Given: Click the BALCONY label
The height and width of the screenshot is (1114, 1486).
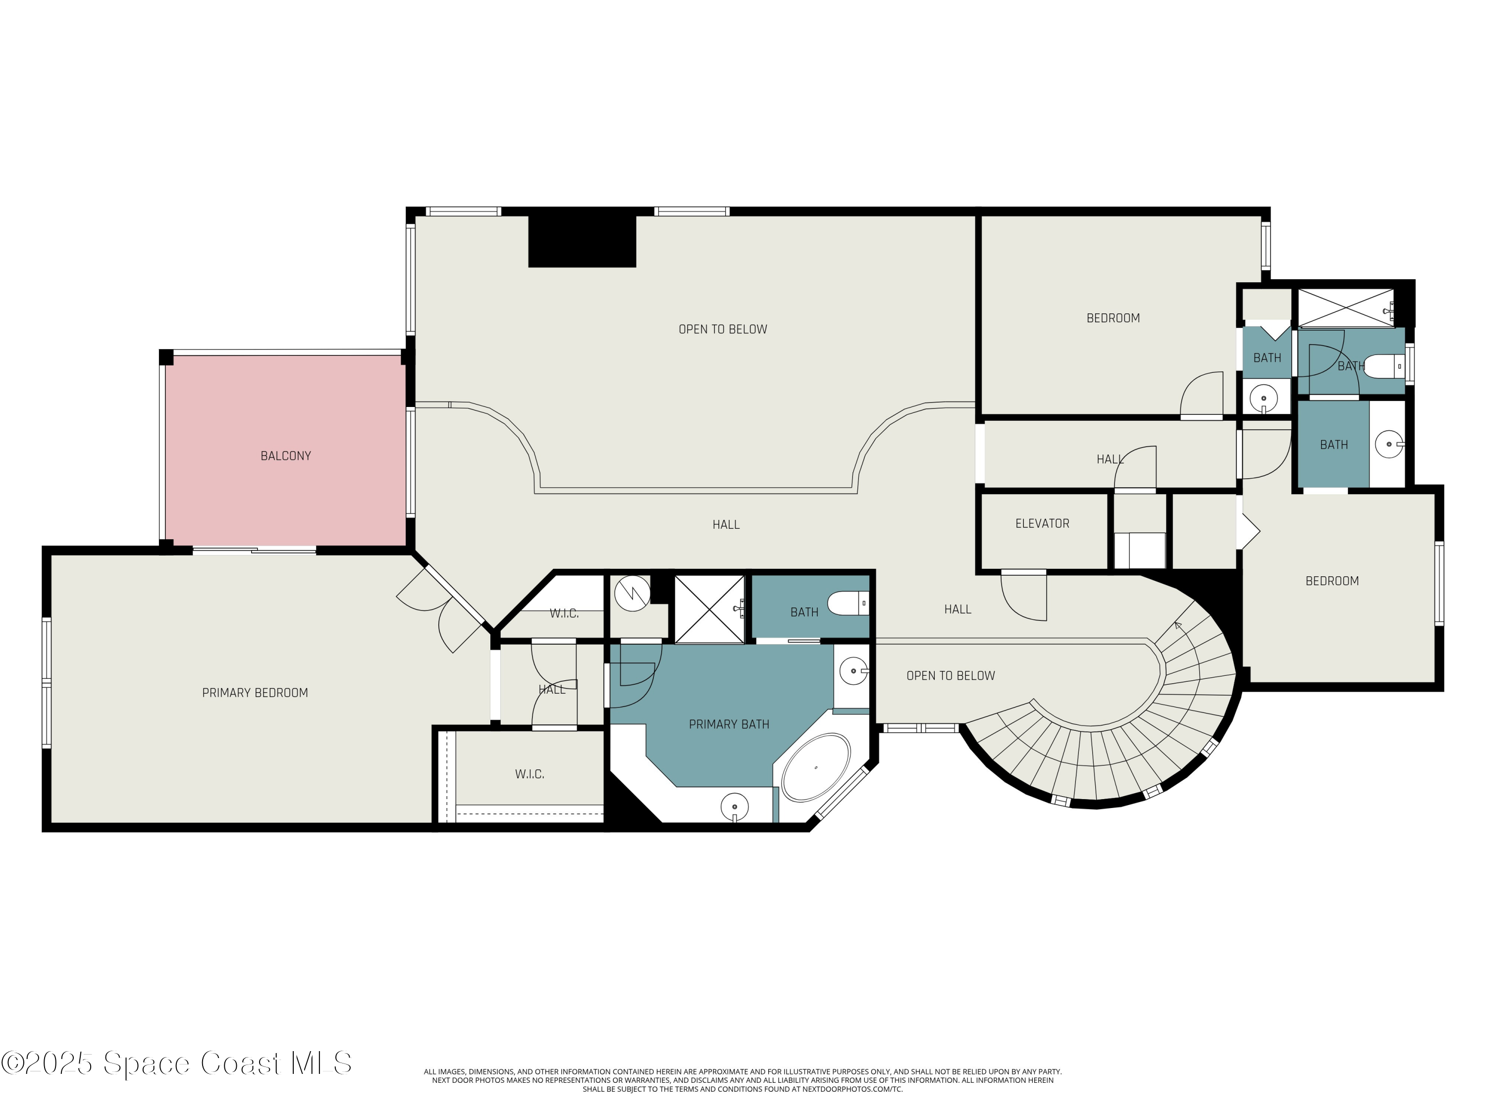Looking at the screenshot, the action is (285, 456).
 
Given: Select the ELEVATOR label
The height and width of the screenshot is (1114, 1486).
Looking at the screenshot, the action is (1042, 524).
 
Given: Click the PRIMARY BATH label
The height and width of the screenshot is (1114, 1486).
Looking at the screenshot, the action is (729, 724).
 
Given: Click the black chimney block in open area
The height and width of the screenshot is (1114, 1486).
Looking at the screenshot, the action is (582, 241).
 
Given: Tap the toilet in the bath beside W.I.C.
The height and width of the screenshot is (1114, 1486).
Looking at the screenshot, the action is (849, 604).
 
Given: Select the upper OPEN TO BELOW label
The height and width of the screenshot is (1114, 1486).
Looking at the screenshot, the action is (723, 330).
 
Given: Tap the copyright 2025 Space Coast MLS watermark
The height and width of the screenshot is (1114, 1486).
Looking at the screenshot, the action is (176, 1063).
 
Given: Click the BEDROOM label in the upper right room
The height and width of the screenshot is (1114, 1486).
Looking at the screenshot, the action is (1113, 318).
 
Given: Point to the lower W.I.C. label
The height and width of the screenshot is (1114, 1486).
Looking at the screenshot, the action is (530, 775).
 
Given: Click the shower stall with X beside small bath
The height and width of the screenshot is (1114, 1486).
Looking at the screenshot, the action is (709, 608).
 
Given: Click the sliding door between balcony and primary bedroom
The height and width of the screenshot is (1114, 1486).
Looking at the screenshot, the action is (255, 551).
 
